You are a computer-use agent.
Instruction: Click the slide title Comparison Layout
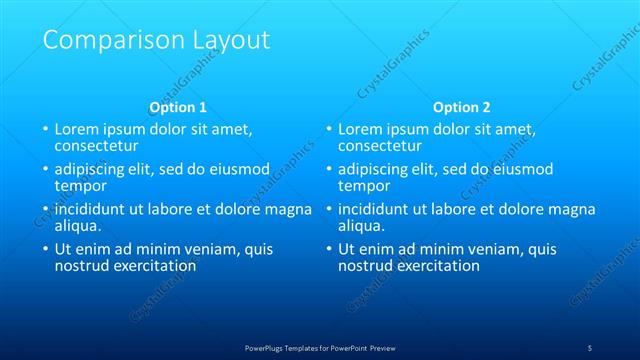pos(157,40)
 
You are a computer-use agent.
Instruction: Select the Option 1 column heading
pos(178,107)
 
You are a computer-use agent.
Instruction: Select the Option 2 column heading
pos(462,107)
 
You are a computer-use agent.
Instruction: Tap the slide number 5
pos(590,347)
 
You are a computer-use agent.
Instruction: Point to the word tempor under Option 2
pos(362,186)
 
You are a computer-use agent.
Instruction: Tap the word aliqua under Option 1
pos(77,226)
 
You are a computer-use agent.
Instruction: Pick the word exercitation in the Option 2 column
pos(436,266)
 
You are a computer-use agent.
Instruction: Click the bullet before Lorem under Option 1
pos(44,130)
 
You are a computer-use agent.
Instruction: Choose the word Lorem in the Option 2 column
pos(360,129)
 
